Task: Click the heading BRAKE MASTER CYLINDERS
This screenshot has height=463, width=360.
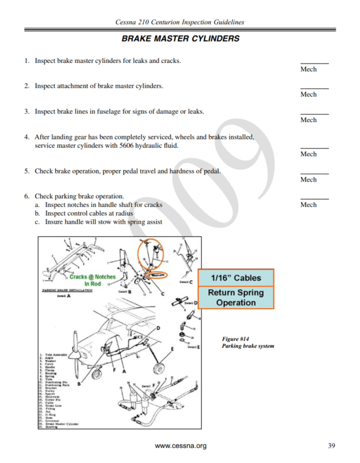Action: [x=180, y=39]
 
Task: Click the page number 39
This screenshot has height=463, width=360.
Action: [x=331, y=445]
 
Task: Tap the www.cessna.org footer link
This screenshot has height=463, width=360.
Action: [x=181, y=446]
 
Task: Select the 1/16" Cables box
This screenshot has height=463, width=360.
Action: [x=236, y=278]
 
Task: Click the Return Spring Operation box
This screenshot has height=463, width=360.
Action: [x=236, y=298]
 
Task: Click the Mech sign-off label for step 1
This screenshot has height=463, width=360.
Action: [x=309, y=69]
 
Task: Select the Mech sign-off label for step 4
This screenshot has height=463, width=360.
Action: [x=309, y=154]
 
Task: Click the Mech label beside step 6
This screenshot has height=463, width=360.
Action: [x=309, y=205]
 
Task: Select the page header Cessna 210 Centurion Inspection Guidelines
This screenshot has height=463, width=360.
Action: [x=180, y=22]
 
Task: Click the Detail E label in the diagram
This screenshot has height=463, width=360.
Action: [x=193, y=347]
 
